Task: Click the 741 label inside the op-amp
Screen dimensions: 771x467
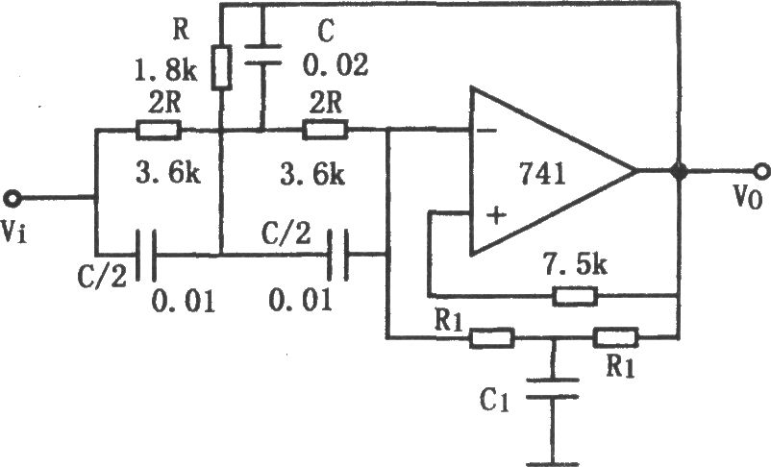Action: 542,174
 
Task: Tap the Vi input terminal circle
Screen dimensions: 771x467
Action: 12,199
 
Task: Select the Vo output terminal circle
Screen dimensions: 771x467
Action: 761,171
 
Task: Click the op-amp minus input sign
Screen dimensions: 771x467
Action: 486,131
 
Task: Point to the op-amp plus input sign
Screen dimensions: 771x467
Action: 496,215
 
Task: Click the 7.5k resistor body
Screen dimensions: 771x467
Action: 575,296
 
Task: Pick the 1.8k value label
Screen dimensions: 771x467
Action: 166,71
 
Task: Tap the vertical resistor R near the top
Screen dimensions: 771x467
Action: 221,68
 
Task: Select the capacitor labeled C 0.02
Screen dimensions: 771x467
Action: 263,55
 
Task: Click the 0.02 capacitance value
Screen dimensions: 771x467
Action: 335,65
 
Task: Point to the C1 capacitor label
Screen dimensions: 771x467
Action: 494,401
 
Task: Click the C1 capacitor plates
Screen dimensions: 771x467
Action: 553,388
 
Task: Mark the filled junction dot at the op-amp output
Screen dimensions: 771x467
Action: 679,171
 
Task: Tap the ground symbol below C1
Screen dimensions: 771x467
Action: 553,463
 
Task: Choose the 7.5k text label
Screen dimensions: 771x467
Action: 575,265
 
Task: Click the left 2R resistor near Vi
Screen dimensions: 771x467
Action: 159,130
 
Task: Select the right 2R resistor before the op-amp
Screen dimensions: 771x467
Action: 325,130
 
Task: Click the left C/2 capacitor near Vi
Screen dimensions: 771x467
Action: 146,255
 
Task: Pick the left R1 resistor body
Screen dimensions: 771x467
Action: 491,338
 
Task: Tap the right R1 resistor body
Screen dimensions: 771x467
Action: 615,337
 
